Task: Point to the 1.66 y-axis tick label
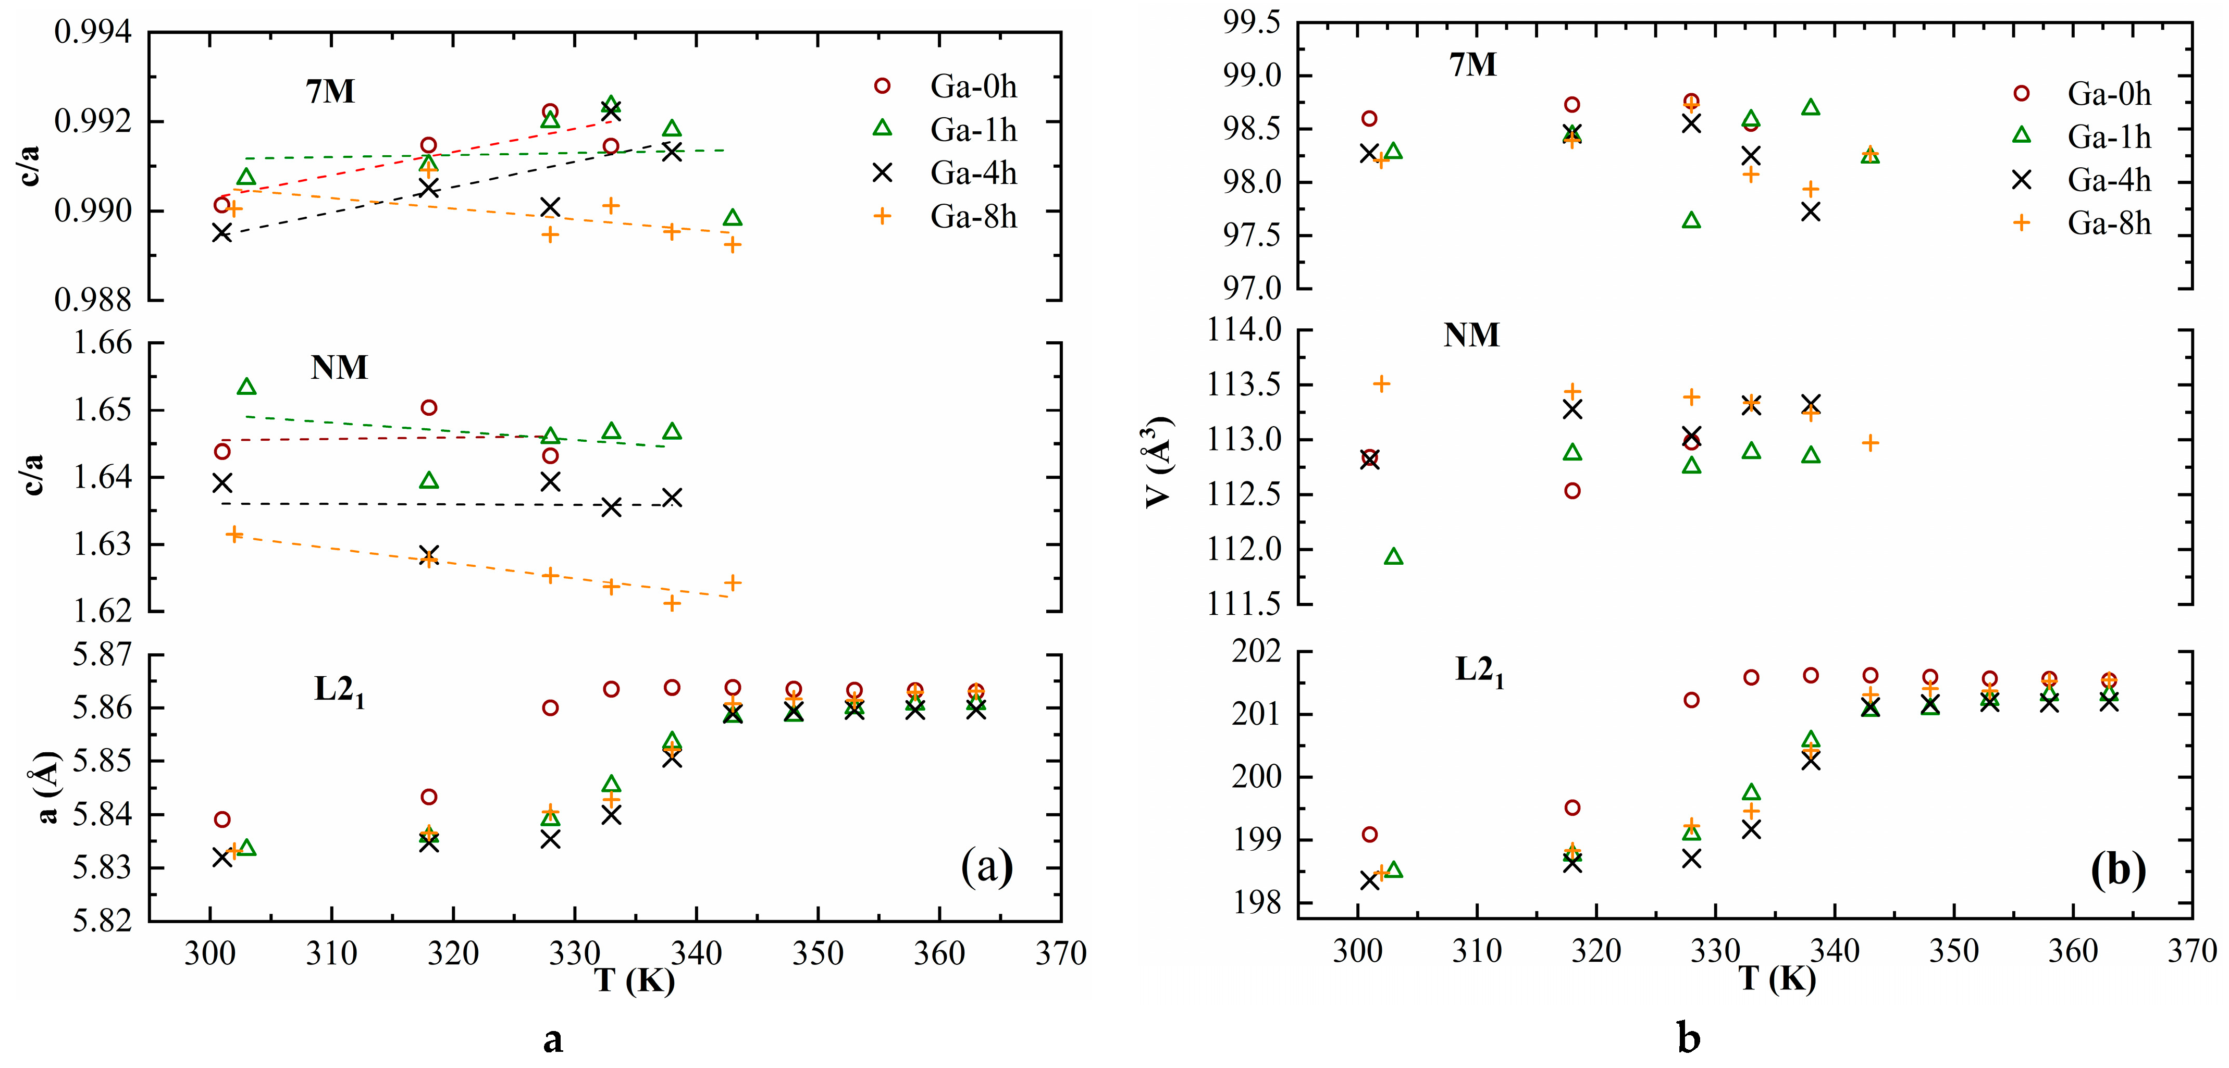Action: pos(103,343)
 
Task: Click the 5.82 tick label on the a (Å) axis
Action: pos(103,921)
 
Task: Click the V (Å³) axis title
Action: pos(1159,463)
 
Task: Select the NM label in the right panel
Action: pos(1471,335)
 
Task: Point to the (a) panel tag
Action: pos(986,866)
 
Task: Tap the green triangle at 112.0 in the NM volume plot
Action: pos(1393,556)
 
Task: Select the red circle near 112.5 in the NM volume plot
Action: pos(1572,491)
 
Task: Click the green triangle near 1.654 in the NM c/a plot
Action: pos(246,386)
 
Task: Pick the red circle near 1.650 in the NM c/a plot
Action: pos(428,407)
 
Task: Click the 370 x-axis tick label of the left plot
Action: pos(1061,954)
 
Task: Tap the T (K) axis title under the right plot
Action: pos(1776,979)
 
